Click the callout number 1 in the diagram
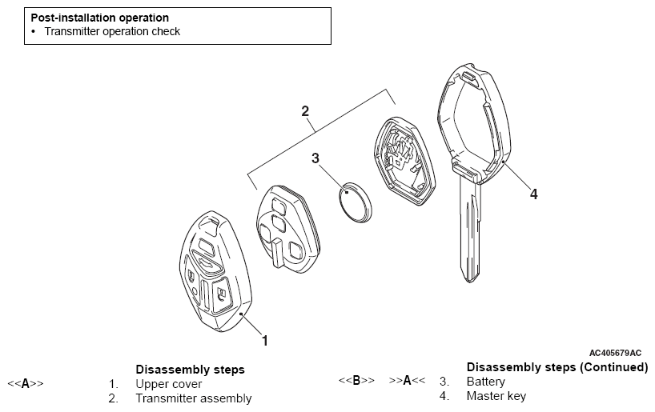point(264,341)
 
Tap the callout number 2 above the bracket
point(305,111)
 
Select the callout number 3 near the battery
point(315,158)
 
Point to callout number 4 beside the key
point(533,194)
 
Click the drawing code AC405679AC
point(615,353)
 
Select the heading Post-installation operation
point(100,18)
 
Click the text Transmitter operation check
point(112,31)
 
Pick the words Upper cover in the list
point(169,384)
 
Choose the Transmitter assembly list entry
point(194,398)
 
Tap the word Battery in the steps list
point(486,382)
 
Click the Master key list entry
point(496,396)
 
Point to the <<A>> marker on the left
point(26,383)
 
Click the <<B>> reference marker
point(356,380)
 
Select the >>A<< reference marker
point(408,380)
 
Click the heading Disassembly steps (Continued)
point(557,367)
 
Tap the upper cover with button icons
point(215,271)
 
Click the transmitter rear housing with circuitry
point(405,161)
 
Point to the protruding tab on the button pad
point(278,253)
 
